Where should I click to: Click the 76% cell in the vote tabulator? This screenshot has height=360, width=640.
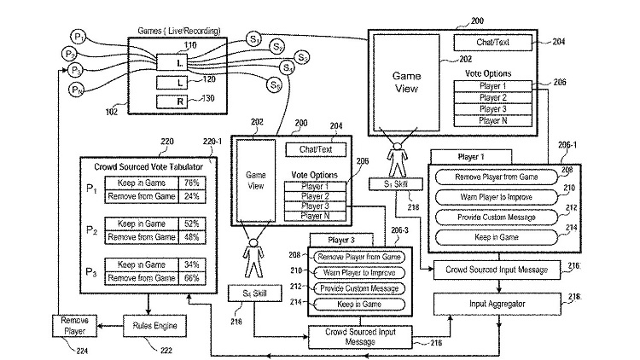(192, 183)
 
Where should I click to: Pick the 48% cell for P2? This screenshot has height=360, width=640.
(192, 236)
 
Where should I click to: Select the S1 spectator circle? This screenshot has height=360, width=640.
(255, 38)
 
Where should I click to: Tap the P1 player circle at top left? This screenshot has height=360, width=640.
(78, 38)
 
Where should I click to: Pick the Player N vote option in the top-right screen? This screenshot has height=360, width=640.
(493, 120)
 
